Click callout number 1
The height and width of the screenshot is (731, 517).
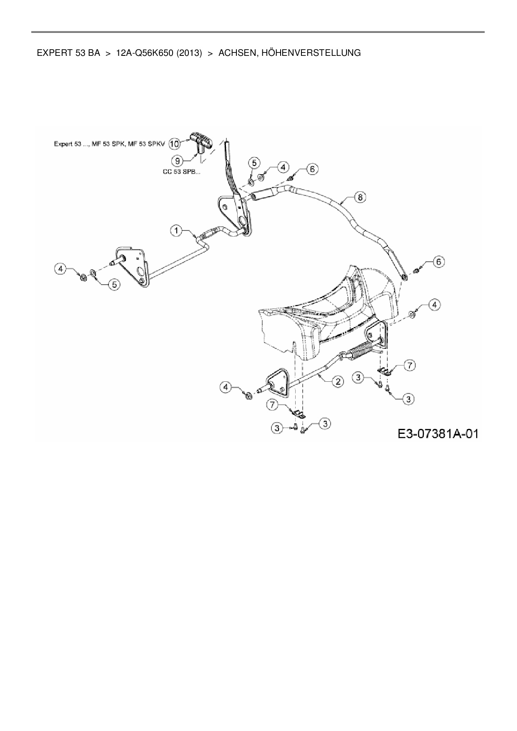pyautogui.click(x=176, y=230)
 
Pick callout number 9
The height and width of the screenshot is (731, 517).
pyautogui.click(x=177, y=159)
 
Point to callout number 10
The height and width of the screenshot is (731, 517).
pyautogui.click(x=174, y=143)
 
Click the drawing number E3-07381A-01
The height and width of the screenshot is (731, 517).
pyautogui.click(x=437, y=433)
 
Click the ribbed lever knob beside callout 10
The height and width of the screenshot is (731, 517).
pyautogui.click(x=201, y=140)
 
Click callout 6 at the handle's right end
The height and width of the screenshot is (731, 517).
pyautogui.click(x=439, y=262)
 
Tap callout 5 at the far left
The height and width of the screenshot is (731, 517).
pyautogui.click(x=114, y=284)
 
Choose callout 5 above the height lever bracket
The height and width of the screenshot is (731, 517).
pyautogui.click(x=255, y=163)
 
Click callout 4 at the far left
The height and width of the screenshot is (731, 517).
pyautogui.click(x=61, y=269)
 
